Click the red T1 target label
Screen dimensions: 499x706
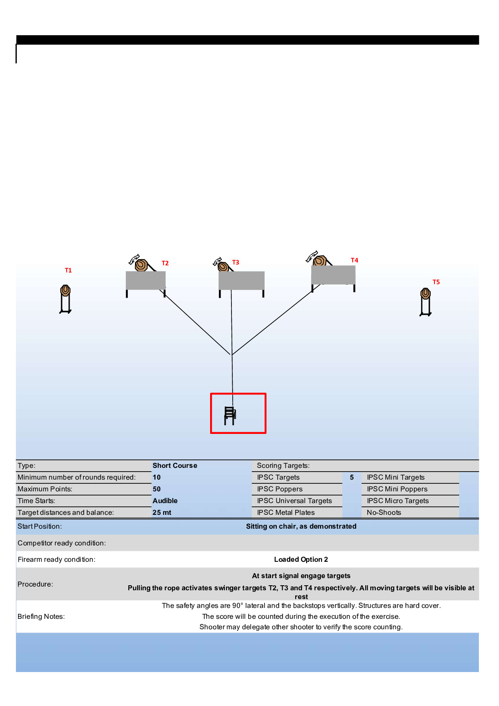point(68,270)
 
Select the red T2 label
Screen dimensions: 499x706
point(165,263)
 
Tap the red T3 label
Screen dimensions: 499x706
point(236,262)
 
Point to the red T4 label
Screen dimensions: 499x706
point(354,260)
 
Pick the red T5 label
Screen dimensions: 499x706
point(436,282)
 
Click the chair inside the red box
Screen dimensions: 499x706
point(230,416)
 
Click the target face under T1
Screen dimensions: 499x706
point(65,290)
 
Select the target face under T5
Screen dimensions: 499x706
point(426,293)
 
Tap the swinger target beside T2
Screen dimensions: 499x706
point(141,265)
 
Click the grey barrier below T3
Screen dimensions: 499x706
point(242,280)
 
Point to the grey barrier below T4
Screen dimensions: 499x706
point(333,275)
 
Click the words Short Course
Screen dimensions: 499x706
point(175,465)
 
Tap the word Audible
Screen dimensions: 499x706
point(165,501)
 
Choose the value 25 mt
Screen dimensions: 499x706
point(162,512)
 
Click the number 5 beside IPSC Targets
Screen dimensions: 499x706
point(352,477)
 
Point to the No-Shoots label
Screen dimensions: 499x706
point(384,512)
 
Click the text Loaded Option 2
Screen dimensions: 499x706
point(301,559)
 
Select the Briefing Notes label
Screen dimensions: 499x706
point(41,616)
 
